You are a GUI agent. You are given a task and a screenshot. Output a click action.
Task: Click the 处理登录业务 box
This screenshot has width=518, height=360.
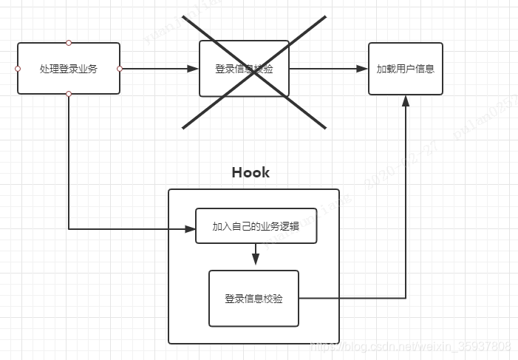69,69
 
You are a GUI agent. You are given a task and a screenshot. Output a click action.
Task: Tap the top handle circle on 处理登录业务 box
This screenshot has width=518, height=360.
69,43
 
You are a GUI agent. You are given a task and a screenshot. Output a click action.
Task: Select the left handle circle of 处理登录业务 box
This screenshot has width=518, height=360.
18,69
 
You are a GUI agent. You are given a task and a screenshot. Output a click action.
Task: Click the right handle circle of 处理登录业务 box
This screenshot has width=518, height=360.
120,69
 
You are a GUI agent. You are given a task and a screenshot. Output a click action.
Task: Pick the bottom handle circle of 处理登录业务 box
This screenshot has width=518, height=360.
69,94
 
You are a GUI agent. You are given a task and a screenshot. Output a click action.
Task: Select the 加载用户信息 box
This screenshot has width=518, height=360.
405,69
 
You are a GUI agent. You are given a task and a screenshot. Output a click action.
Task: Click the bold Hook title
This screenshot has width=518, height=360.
251,172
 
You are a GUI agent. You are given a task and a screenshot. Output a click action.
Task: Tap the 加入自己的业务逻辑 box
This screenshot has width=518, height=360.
256,226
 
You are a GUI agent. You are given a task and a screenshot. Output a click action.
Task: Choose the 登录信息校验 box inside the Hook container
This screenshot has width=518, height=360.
253,299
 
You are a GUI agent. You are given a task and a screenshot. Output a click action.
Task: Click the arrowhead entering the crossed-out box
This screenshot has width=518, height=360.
194,69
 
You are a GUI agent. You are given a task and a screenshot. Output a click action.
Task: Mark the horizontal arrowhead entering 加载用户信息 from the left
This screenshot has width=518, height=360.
362,69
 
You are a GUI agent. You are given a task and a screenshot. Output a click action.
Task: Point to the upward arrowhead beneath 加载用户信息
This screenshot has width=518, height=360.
405,101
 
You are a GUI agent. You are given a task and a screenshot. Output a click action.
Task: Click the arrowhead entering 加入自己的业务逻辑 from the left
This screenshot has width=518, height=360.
190,229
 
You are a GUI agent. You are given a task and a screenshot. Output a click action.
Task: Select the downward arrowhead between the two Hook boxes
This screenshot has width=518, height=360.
256,259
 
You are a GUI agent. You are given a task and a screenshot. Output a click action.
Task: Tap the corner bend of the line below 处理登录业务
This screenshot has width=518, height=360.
69,229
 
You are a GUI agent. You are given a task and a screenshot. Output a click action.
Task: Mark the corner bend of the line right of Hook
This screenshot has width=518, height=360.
405,299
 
